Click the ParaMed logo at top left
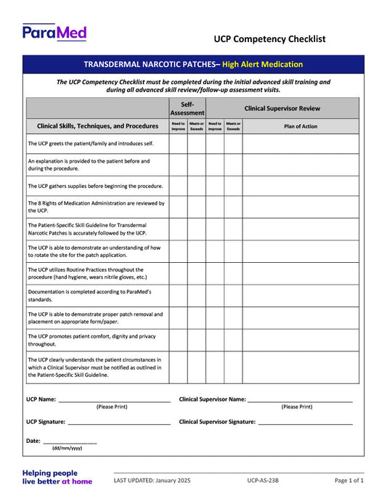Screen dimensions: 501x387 54,32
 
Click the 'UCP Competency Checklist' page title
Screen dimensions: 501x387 269,39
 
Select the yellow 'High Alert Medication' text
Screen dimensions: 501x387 262,65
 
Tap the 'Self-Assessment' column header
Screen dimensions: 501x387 187,109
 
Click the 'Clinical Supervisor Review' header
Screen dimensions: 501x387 282,109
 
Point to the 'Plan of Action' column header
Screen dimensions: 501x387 300,126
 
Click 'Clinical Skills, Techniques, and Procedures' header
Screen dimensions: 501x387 97,126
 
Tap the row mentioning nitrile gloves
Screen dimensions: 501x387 87,273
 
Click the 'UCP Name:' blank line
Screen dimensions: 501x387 114,399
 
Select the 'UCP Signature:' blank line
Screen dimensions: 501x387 118,422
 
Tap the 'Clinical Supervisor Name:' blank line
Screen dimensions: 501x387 300,399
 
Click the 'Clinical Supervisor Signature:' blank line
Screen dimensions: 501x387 305,422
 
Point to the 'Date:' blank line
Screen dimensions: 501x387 70,441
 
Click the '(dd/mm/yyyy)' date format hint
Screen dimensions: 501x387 67,449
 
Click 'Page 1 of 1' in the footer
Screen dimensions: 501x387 349,481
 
